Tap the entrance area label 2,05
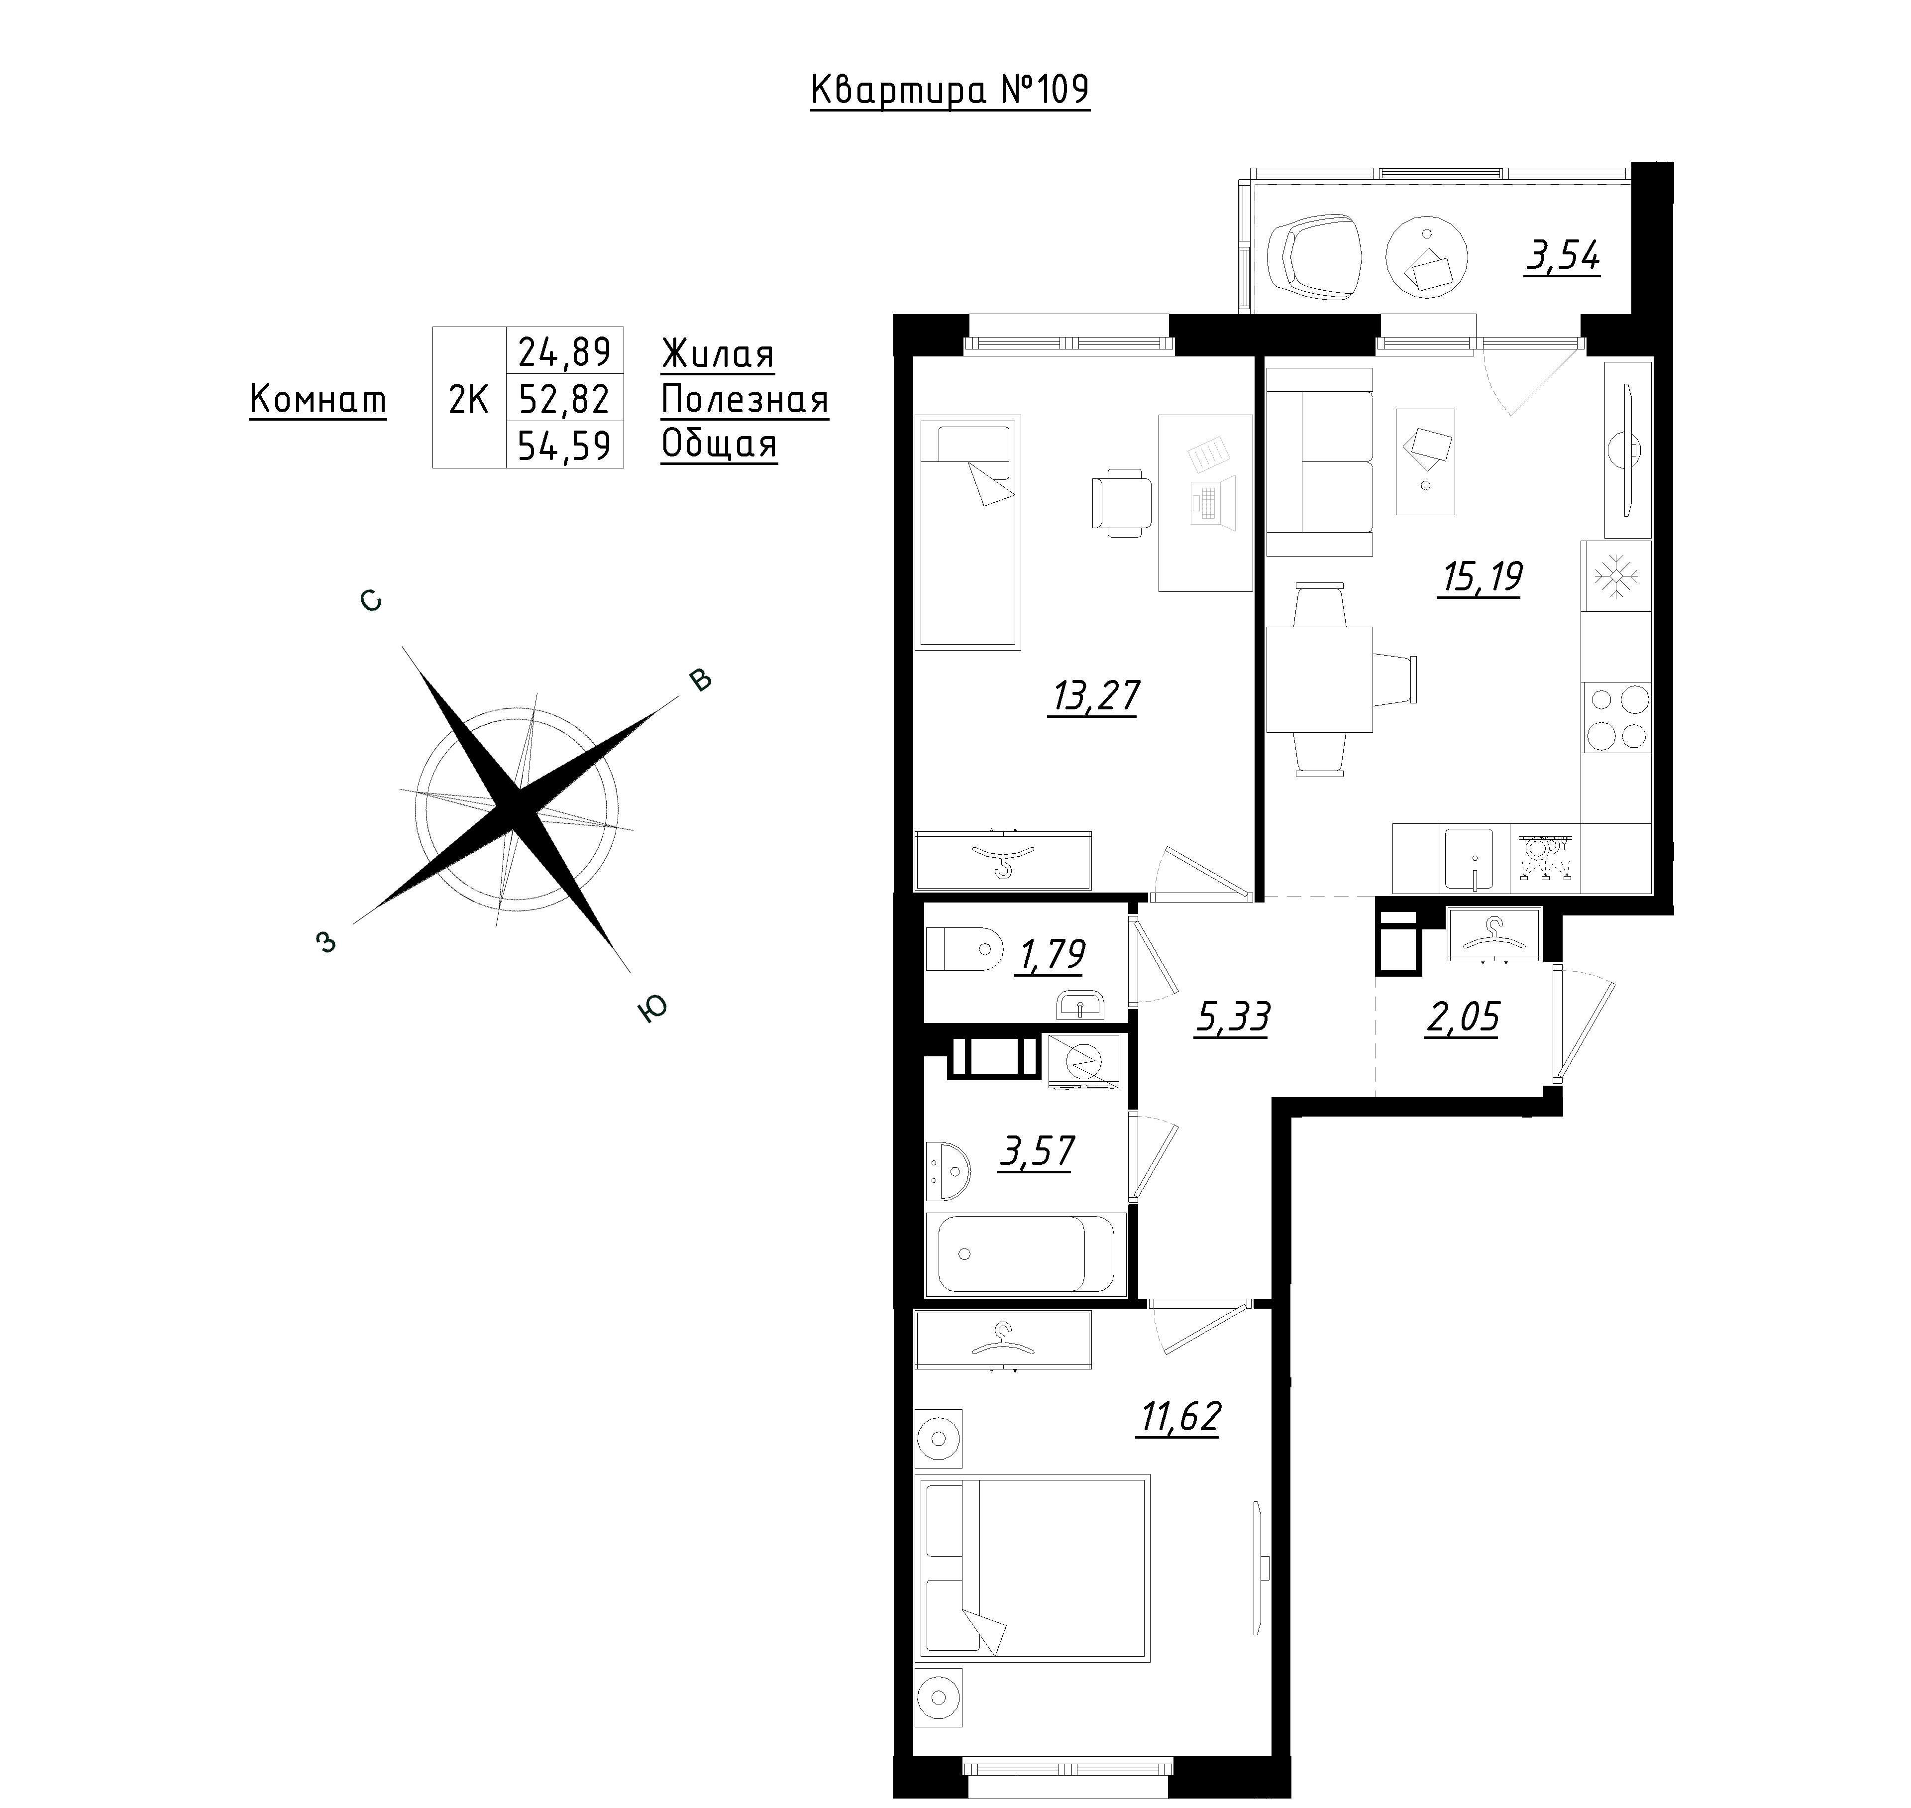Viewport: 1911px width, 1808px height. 1462,1017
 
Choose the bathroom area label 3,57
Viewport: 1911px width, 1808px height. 1037,1151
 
